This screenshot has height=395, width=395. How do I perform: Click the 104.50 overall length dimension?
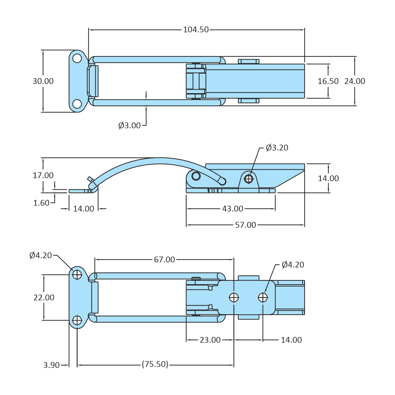coord(196,29)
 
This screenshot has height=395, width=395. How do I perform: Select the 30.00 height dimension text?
coord(43,81)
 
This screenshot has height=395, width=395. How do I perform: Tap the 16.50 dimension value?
coord(328,81)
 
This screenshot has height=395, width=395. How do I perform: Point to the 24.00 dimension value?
coord(354,81)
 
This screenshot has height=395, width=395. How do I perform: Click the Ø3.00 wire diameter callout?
coord(129,126)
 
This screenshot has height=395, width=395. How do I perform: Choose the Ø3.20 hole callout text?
coord(277,148)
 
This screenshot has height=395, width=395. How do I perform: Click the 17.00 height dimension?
coord(43,175)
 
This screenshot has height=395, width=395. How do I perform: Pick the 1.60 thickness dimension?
coord(41,203)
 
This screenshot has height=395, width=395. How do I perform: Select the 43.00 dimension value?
coord(233,209)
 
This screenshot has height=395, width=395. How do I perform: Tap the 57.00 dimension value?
coord(245,225)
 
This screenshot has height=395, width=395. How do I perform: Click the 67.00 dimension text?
coord(164,260)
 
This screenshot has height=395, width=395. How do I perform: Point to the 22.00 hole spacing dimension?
coord(44,298)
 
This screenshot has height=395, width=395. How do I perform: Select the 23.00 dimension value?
coord(210,340)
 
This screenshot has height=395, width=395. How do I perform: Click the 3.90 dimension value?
coord(51,365)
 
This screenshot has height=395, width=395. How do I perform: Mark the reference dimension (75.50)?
coord(155,364)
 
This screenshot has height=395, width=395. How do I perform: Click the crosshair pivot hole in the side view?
coord(249,179)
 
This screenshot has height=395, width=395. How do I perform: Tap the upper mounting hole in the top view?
coord(77,58)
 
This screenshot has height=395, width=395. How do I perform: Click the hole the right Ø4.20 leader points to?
coord(263,298)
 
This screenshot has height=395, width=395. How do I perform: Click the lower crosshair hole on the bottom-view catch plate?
coord(77,320)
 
